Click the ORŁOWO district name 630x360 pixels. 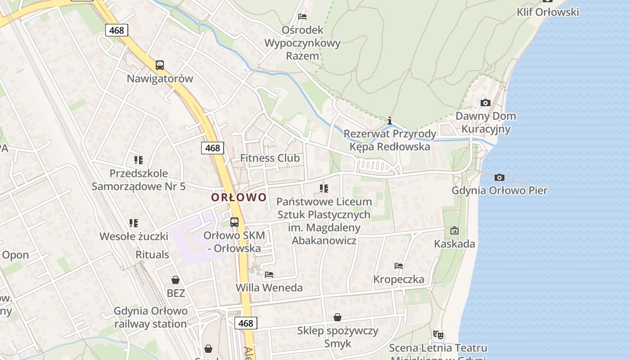click(239, 197)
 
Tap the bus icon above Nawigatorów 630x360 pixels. click(160, 65)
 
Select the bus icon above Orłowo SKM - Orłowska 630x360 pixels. click(234, 222)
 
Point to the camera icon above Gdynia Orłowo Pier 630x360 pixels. click(499, 178)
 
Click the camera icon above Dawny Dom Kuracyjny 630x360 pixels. click(485, 103)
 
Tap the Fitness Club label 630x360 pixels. click(270, 158)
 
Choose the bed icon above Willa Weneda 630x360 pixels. click(269, 274)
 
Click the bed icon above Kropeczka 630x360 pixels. click(398, 266)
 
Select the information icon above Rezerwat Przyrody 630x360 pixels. click(390, 121)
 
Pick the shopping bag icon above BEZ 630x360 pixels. click(175, 280)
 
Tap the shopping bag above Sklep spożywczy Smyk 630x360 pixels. click(337, 317)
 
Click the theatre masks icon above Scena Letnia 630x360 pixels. click(438, 334)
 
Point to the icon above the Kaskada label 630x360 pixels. click(454, 230)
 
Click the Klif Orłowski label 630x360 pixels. click(548, 12)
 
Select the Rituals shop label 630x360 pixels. click(152, 255)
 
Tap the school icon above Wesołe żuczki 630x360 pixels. click(133, 223)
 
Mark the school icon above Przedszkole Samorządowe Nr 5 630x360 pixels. click(139, 160)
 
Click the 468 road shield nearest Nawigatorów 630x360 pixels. click(117, 30)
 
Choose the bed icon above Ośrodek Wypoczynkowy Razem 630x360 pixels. click(302, 17)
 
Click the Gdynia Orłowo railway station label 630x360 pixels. click(150, 317)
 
